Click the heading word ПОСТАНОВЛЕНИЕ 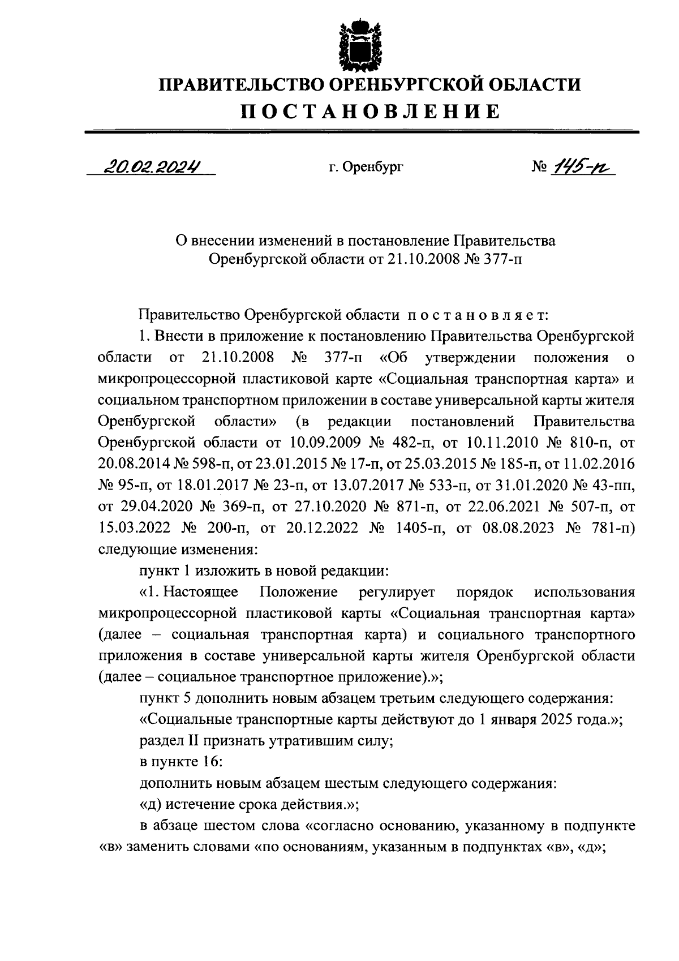click(x=371, y=111)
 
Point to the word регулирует click(x=397, y=593)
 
